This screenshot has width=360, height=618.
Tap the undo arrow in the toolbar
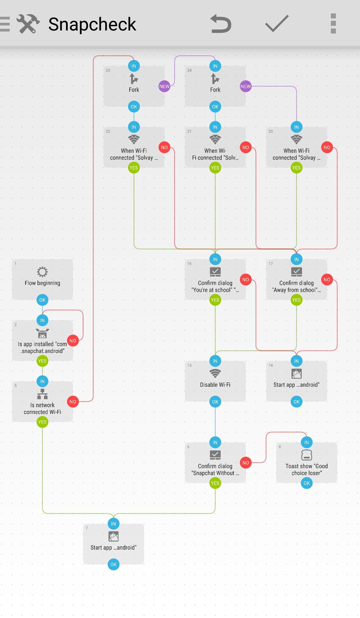[221, 24]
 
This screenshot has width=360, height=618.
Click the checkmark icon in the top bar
[277, 23]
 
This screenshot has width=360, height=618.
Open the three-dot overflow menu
[333, 23]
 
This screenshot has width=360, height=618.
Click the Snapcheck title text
[92, 24]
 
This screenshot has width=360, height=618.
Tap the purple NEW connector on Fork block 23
[164, 86]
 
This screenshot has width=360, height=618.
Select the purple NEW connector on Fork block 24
[245, 86]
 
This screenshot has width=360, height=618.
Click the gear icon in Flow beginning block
[42, 272]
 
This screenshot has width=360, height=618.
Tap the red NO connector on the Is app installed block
[73, 341]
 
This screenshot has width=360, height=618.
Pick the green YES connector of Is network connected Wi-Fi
[42, 422]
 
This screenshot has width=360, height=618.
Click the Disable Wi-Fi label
[215, 385]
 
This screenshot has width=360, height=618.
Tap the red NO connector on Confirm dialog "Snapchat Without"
[245, 463]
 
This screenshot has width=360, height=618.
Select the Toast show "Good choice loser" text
[306, 470]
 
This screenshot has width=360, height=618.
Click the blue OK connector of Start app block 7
[114, 564]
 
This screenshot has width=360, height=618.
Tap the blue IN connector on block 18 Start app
[296, 361]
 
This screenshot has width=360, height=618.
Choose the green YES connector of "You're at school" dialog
[215, 300]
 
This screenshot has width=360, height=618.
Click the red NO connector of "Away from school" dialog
[327, 280]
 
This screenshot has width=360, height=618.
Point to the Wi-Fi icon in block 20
[296, 139]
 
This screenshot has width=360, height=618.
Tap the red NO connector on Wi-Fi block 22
[164, 147]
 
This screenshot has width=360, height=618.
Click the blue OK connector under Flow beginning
[42, 300]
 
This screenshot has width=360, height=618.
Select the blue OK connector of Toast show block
[306, 483]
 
